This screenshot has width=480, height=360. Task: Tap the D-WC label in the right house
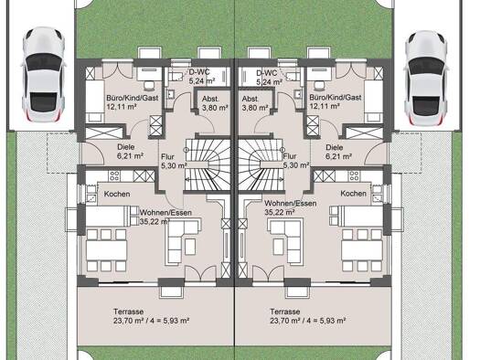pyautogui.click(x=267, y=72)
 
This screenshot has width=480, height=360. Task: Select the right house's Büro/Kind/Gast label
pyautogui.click(x=336, y=96)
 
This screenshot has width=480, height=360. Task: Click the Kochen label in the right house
pyautogui.click(x=354, y=194)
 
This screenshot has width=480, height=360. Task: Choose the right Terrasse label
pyautogui.click(x=284, y=312)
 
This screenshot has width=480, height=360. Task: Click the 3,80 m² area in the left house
pyautogui.click(x=213, y=108)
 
